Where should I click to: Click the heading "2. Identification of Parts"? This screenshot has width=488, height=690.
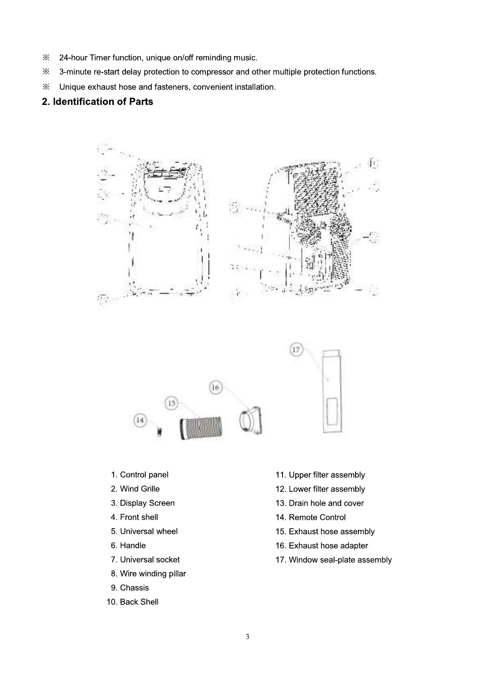[x=97, y=102]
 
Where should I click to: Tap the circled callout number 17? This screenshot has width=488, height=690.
[x=296, y=350]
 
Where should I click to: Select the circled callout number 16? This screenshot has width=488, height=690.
[x=216, y=387]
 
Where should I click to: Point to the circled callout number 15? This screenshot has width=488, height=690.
[x=171, y=403]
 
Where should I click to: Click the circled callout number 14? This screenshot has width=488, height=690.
[x=140, y=420]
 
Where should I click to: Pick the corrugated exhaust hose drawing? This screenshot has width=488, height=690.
[x=201, y=428]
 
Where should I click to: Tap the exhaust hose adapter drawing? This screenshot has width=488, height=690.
[x=251, y=420]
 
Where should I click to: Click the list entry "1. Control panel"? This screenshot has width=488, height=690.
[x=139, y=474]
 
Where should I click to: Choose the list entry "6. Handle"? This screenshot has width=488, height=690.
[x=128, y=545]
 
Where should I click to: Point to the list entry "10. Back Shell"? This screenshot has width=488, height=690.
[x=132, y=602]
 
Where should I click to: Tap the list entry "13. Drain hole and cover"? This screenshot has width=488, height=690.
[x=319, y=503]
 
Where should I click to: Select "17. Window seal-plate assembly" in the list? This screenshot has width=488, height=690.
[x=333, y=560]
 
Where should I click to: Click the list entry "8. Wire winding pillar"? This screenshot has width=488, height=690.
[x=148, y=574]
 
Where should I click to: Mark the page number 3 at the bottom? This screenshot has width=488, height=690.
[x=247, y=637]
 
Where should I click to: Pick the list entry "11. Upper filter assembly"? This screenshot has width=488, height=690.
[x=320, y=475]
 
